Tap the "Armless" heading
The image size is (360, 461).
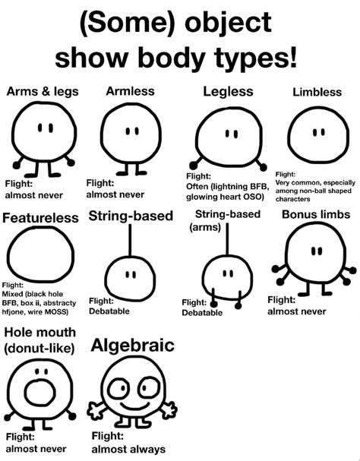(x=130, y=91)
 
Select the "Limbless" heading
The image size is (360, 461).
(x=317, y=92)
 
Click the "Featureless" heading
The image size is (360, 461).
(x=40, y=218)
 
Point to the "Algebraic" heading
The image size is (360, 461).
(x=132, y=346)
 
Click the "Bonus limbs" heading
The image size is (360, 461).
(x=316, y=214)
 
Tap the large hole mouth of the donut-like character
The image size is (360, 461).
(x=39, y=393)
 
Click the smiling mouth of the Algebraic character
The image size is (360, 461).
(x=135, y=406)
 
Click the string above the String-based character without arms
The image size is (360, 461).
(x=130, y=240)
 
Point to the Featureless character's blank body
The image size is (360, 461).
(x=40, y=254)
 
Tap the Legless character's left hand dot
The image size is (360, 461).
(x=193, y=166)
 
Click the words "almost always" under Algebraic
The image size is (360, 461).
(x=128, y=450)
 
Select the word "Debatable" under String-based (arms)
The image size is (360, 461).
(x=202, y=313)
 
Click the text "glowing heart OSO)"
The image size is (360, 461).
(x=224, y=197)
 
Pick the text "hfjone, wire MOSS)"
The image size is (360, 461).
(x=35, y=311)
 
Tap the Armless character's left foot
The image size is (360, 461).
(x=122, y=173)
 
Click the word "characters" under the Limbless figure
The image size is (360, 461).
(x=292, y=199)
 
